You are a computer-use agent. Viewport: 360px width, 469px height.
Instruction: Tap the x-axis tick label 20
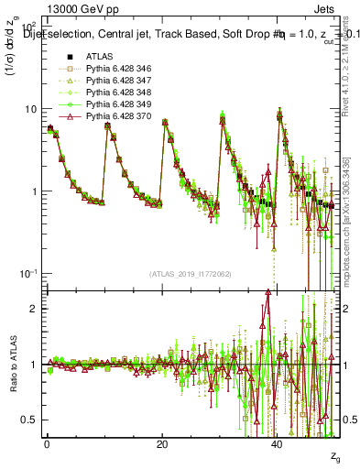(162, 444)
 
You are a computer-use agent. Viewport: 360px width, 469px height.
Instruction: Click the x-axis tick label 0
(47, 444)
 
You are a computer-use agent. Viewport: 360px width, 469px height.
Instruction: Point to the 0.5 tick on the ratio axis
(30, 420)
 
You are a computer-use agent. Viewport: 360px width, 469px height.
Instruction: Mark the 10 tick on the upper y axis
(30, 109)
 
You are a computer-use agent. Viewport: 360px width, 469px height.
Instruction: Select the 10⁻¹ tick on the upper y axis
(28, 274)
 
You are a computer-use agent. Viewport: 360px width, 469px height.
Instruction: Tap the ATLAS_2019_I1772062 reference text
(191, 274)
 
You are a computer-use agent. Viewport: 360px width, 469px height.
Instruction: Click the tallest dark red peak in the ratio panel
(267, 293)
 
